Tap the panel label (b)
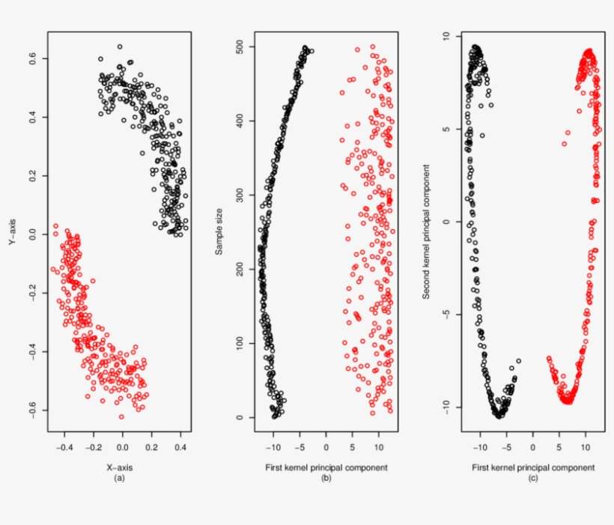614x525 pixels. (x=325, y=477)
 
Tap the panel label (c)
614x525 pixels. (x=532, y=477)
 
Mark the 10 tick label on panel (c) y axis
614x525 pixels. (x=445, y=36)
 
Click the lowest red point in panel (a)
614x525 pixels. (x=121, y=416)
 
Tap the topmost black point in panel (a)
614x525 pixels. (x=119, y=46)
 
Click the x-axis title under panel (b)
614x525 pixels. (x=325, y=467)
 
